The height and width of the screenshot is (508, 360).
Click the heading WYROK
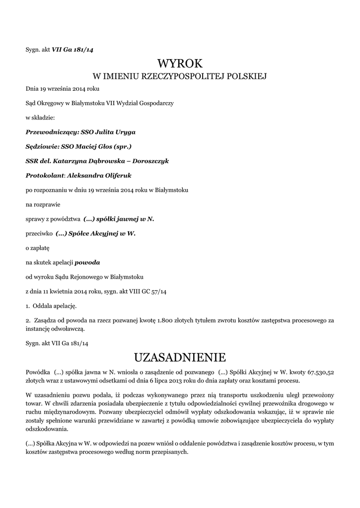click(x=180, y=63)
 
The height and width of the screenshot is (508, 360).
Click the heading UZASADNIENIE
click(x=180, y=357)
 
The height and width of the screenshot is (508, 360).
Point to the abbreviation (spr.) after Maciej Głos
click(x=122, y=147)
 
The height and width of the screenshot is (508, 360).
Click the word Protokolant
click(x=45, y=176)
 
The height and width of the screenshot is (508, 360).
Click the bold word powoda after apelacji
click(x=91, y=262)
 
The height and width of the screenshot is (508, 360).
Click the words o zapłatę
click(x=38, y=248)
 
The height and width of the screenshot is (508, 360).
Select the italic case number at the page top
click(x=73, y=50)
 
